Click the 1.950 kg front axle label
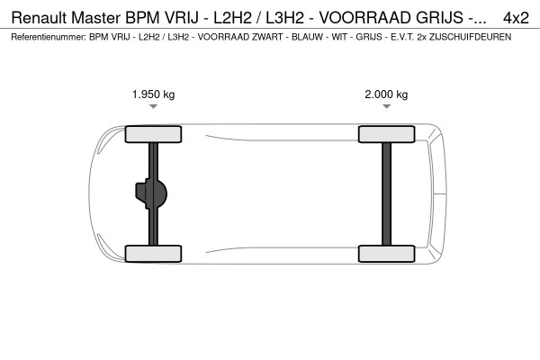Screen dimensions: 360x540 tap(153, 94)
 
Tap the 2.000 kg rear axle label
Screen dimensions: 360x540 tap(386, 94)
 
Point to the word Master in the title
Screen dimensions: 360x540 tap(100, 17)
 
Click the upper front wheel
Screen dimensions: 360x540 tap(153, 135)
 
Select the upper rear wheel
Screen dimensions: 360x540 tap(386, 135)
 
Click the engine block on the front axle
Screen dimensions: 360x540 tap(149, 193)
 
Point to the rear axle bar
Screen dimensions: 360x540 tap(386, 193)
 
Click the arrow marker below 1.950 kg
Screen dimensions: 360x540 tap(153, 107)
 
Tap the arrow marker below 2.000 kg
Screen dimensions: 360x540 tap(386, 107)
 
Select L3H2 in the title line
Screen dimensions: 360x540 tap(274, 17)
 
